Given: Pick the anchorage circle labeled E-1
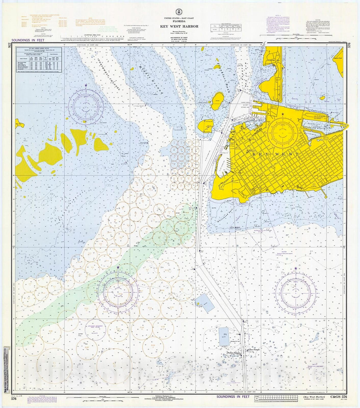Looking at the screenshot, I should tap(54, 363).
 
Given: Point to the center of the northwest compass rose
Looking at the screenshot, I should tap(86, 106).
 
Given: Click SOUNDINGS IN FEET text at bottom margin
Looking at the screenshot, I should tap(233, 396).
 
